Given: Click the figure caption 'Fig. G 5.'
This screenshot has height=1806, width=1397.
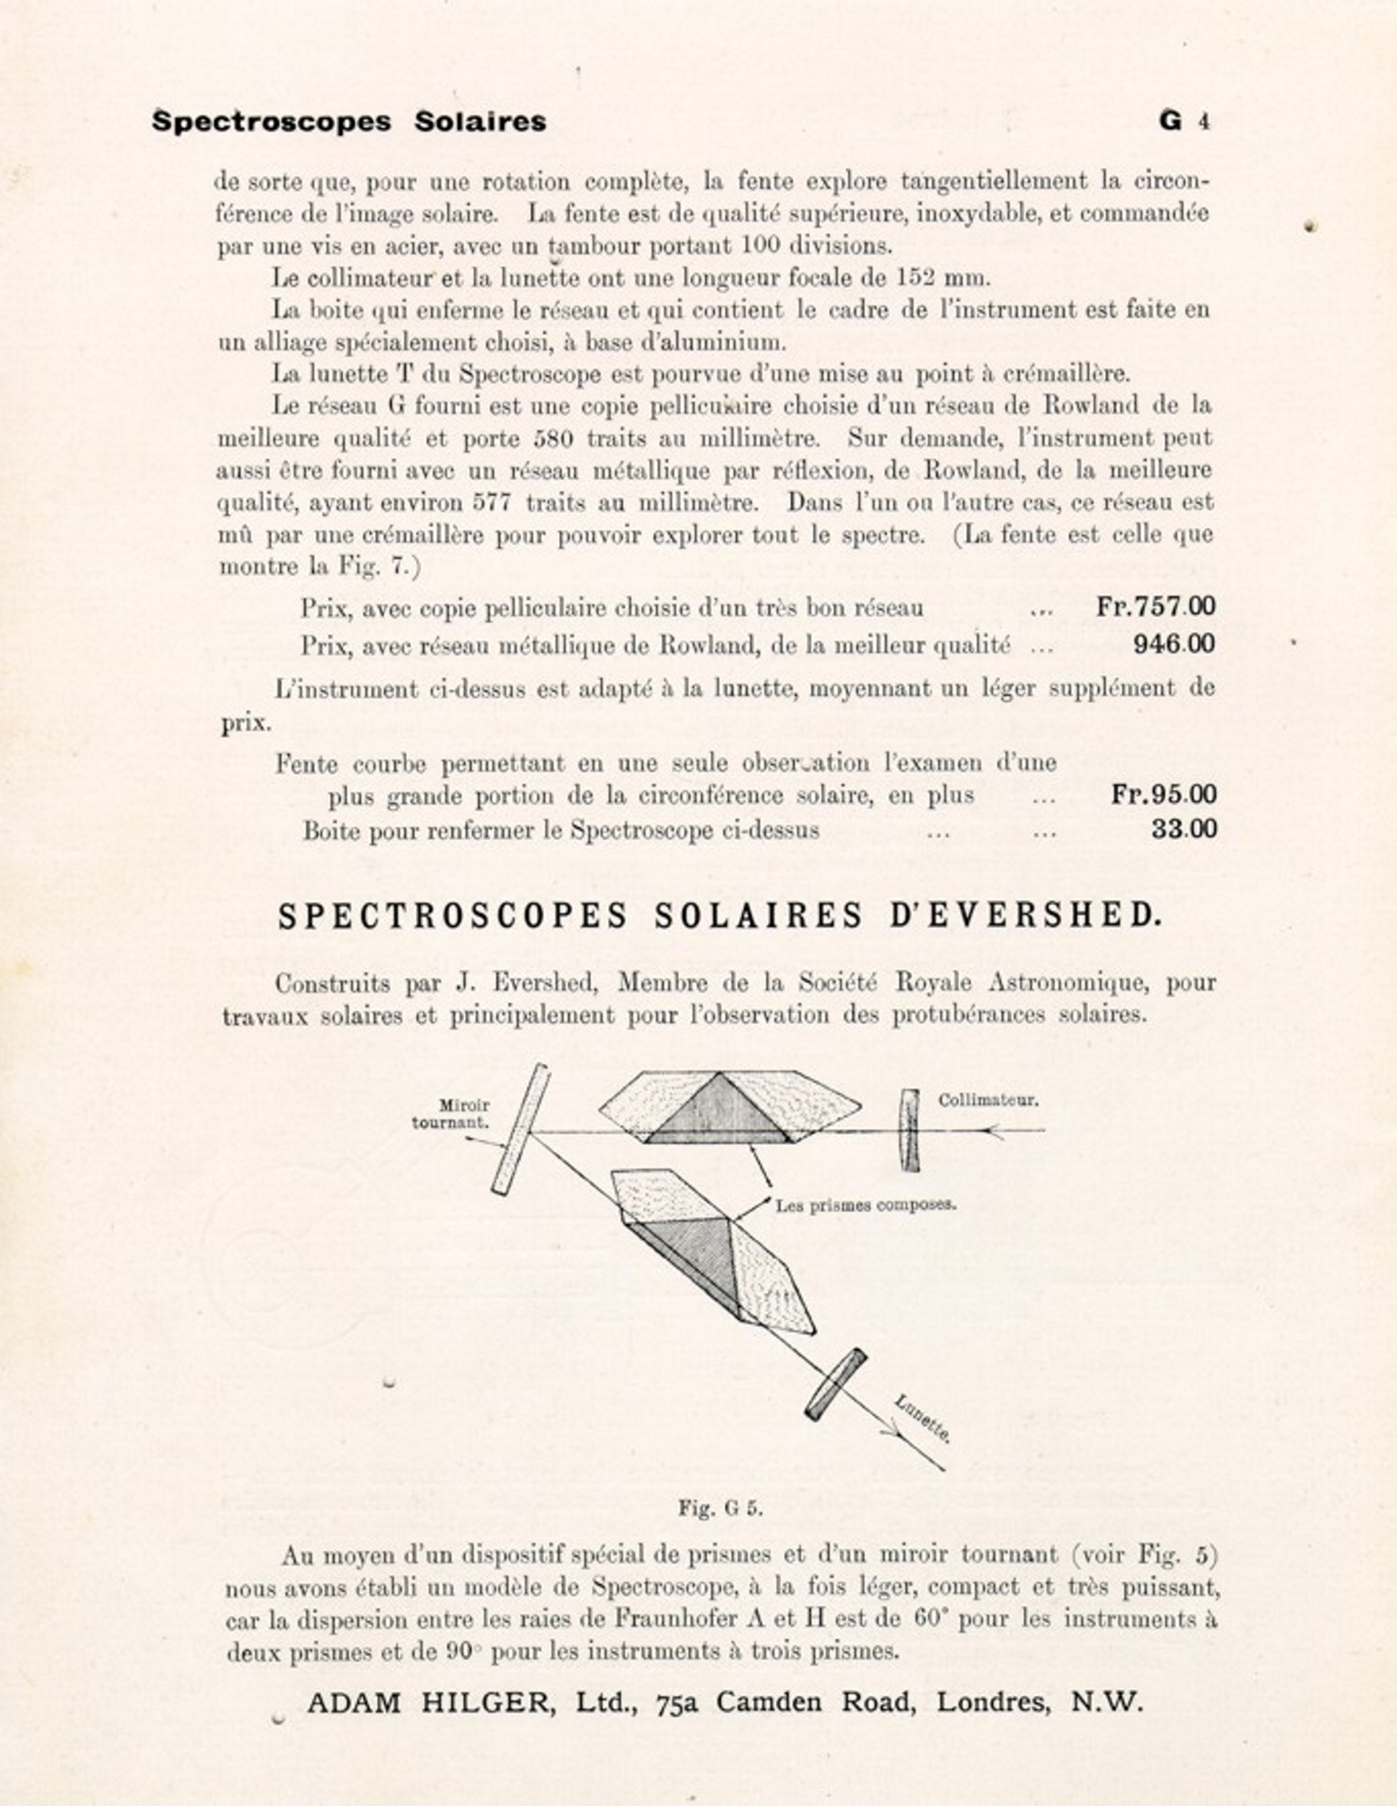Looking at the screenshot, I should pyautogui.click(x=719, y=1507).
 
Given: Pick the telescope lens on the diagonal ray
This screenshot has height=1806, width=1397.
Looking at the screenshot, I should pyautogui.click(x=836, y=1385).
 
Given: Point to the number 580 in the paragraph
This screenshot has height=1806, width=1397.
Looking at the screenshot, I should pyautogui.click(x=553, y=438).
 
